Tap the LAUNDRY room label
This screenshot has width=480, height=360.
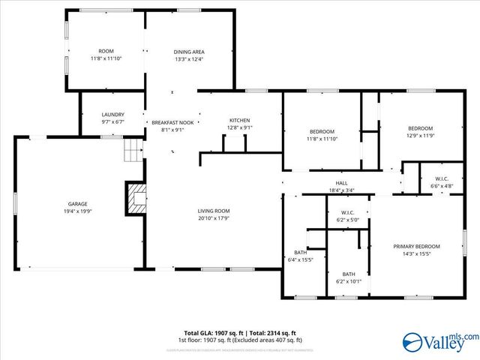[x=112, y=115]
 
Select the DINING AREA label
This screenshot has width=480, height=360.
[x=189, y=52]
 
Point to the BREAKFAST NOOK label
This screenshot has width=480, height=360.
[x=172, y=122]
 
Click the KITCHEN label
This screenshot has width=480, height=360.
[x=239, y=120]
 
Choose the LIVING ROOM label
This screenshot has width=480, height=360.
[x=214, y=211]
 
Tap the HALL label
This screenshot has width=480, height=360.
[x=341, y=183]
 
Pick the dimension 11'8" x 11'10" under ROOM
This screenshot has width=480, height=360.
[x=106, y=58]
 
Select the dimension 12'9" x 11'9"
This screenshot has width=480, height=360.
[x=421, y=135]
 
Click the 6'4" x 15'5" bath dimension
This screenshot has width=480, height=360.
[x=300, y=259]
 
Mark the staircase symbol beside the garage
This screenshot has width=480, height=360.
[x=133, y=152]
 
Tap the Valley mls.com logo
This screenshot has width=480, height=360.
[x=439, y=342]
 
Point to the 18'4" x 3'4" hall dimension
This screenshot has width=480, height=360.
[x=341, y=190]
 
